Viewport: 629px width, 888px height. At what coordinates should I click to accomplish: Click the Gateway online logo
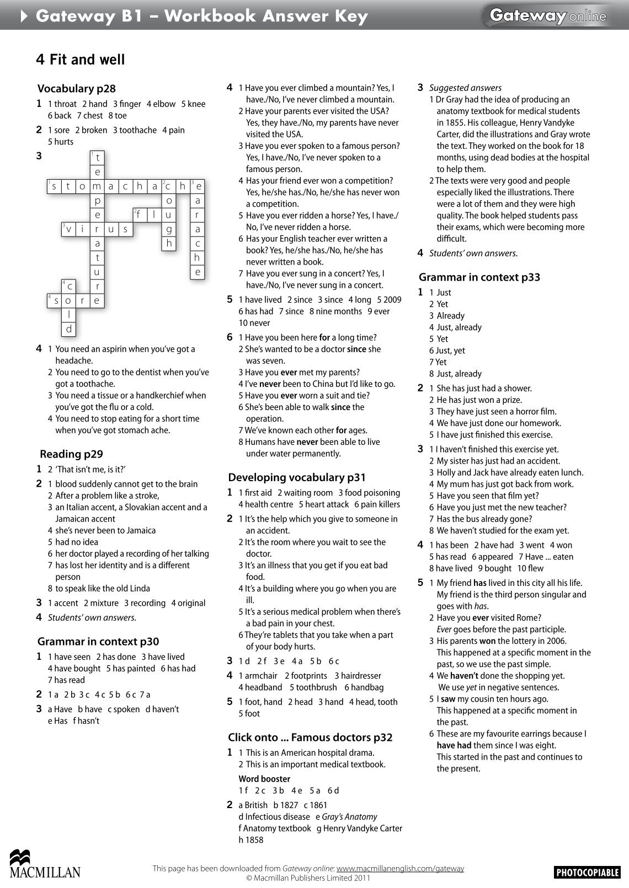[547, 17]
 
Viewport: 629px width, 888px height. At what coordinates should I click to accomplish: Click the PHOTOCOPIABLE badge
[587, 872]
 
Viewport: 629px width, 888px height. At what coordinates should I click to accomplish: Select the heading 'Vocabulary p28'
[76, 89]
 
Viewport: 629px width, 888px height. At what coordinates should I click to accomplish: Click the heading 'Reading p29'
[71, 454]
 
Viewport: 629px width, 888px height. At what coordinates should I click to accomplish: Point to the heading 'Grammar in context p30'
[98, 642]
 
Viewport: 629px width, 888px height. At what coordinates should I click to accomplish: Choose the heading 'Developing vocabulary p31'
[297, 478]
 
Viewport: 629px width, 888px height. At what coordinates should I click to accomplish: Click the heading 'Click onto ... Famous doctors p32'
[310, 738]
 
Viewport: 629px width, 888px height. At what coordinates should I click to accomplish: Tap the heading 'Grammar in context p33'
[479, 277]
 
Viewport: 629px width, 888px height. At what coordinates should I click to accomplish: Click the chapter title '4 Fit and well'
[81, 60]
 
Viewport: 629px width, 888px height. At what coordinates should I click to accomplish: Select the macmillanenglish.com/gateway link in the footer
[400, 869]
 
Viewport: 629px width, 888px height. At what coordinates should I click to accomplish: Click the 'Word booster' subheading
[264, 779]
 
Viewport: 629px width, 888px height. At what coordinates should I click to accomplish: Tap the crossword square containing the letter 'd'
[68, 329]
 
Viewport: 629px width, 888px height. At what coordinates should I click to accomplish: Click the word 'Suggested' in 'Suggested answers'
[447, 88]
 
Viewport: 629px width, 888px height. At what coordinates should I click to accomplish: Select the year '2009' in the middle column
[392, 300]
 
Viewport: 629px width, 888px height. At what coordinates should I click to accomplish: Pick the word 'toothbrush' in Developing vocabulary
[317, 687]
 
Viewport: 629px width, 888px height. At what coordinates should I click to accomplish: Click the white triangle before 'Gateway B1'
[24, 17]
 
